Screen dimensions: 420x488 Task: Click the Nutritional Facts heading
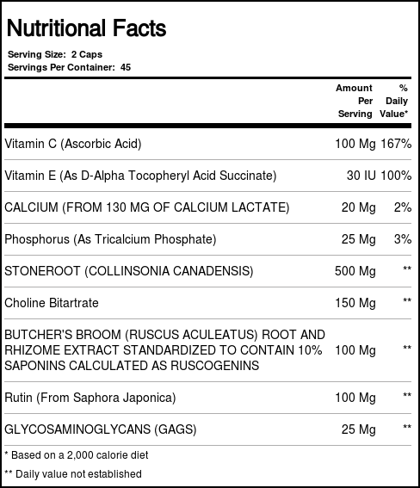(x=86, y=28)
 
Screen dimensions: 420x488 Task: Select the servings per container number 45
(x=126, y=67)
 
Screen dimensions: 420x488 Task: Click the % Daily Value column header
(x=396, y=101)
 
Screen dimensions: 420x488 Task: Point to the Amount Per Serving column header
(x=354, y=101)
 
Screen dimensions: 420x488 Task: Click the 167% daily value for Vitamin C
(x=396, y=143)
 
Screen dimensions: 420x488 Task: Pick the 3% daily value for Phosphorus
(x=402, y=239)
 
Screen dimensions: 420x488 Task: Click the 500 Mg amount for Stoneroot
(x=355, y=271)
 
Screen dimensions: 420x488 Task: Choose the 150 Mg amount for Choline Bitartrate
(x=355, y=303)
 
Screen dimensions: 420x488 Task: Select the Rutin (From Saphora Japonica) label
(x=90, y=398)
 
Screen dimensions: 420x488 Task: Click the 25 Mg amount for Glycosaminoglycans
(x=358, y=428)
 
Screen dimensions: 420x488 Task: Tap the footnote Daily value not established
(x=73, y=473)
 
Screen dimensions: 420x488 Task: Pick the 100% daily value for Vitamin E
(x=396, y=176)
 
